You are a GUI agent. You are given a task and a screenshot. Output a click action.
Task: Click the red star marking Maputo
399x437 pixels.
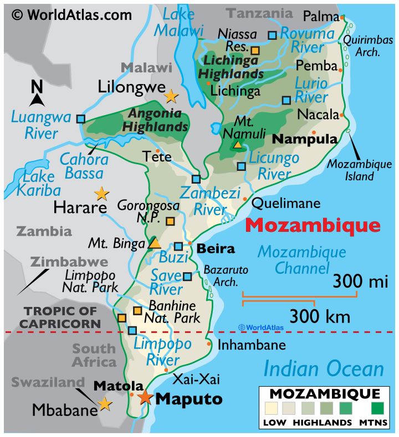point(145,397)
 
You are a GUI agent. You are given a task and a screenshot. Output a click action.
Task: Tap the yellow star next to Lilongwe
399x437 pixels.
point(171,96)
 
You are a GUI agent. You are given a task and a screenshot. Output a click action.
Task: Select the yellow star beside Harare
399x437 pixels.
point(101,193)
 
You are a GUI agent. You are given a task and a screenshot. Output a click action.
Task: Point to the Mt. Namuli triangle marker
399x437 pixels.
point(237,145)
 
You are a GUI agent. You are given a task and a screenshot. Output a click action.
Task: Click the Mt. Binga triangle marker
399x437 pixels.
point(155,243)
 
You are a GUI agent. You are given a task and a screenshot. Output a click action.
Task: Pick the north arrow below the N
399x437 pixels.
point(37,100)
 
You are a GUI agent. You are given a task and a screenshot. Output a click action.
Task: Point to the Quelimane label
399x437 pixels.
point(286,203)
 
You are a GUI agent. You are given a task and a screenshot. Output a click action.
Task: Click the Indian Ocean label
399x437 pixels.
point(323,368)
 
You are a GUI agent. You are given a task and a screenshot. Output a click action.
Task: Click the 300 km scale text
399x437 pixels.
point(320,316)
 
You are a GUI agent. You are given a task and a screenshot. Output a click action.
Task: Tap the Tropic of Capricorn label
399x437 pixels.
point(62,317)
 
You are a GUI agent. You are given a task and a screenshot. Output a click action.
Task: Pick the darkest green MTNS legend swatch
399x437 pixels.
point(377,410)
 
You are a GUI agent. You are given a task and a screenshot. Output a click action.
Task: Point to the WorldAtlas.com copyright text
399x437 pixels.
point(72,14)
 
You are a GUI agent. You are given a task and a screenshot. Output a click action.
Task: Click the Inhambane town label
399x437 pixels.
point(252,345)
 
